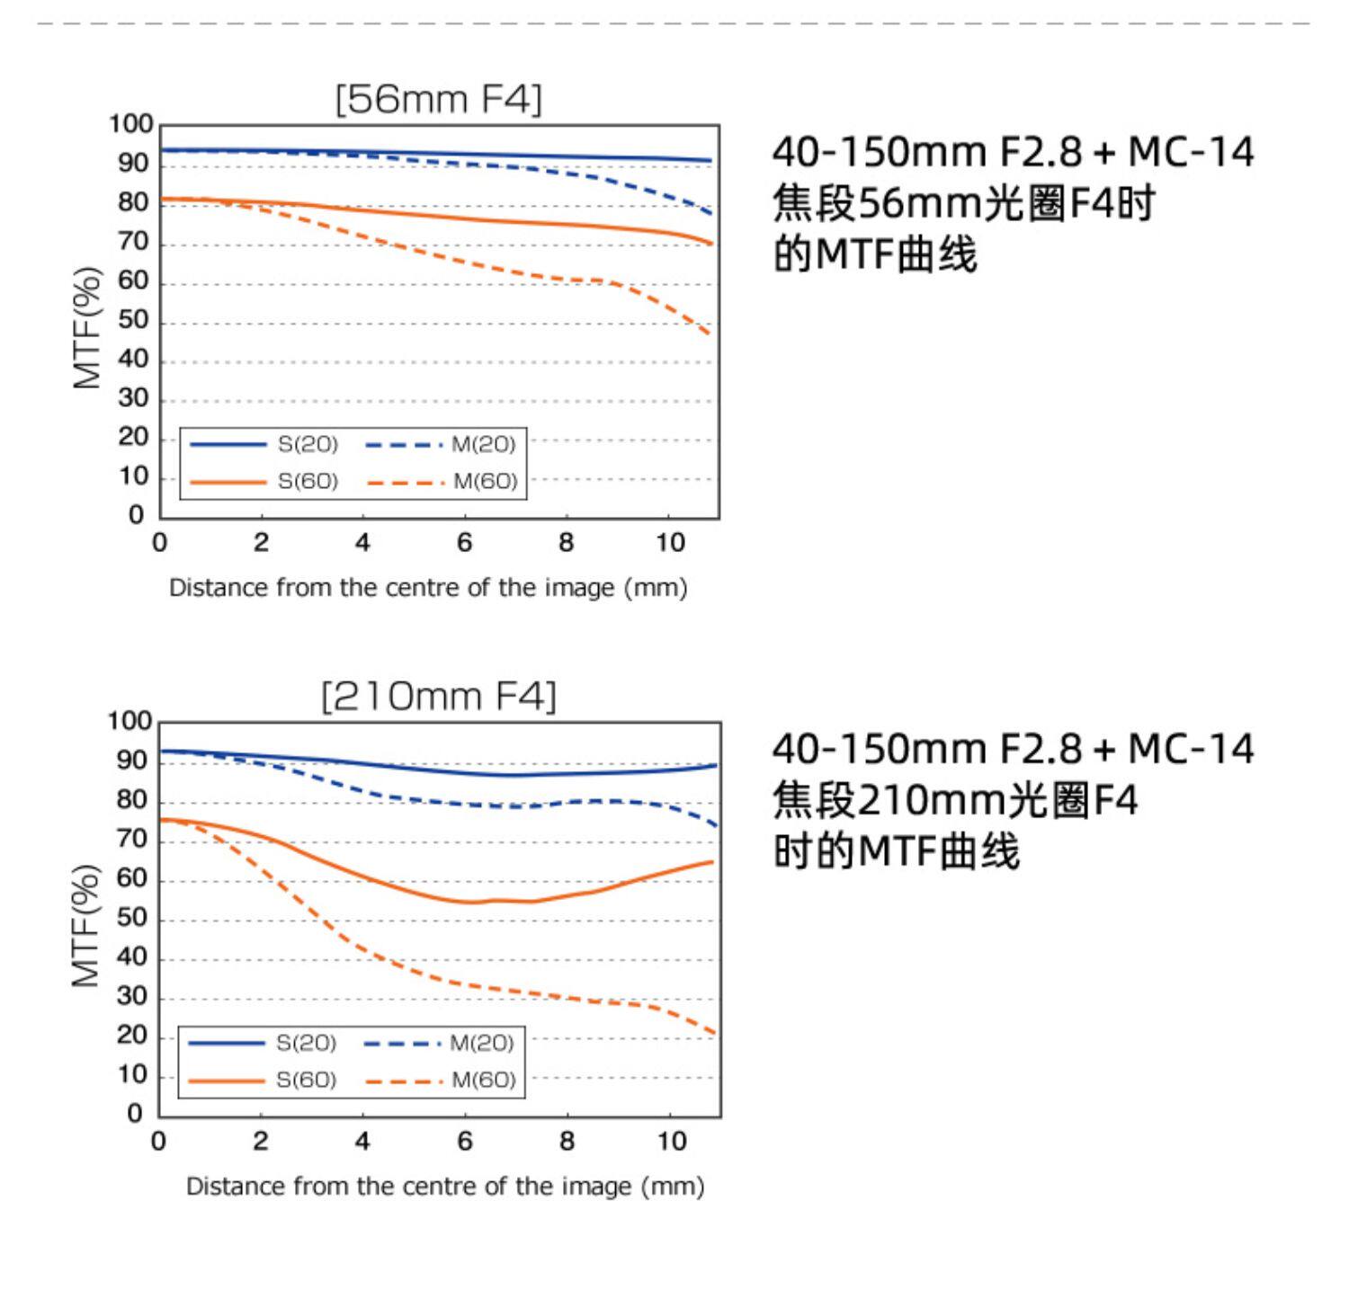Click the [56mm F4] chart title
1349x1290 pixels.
[x=439, y=99]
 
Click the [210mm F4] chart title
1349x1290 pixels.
[x=439, y=696]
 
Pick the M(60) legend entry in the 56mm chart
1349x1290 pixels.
[x=485, y=482]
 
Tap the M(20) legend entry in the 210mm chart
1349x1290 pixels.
[x=481, y=1043]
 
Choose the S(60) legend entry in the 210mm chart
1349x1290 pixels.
[x=306, y=1080]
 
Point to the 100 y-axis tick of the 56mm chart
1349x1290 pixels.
[x=131, y=124]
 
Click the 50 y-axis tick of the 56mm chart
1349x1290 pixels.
[x=133, y=321]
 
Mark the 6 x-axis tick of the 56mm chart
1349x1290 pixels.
[x=464, y=543]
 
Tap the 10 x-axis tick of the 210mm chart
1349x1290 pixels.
[x=671, y=1142]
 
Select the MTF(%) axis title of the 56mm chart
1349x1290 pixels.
[x=87, y=327]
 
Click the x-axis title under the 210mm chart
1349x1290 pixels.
[x=445, y=1187]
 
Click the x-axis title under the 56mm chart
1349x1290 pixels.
[x=428, y=588]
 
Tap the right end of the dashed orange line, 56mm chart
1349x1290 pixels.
[x=710, y=334]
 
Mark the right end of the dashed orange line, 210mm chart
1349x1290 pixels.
[x=714, y=1033]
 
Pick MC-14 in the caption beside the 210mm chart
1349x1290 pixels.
[x=1191, y=749]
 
